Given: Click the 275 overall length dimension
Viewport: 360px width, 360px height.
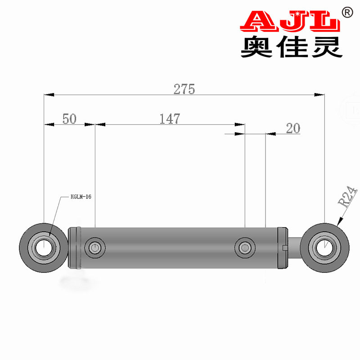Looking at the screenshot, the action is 184,89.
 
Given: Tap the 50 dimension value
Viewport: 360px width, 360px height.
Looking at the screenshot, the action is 69,119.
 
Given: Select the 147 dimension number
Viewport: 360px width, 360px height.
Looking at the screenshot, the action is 170,119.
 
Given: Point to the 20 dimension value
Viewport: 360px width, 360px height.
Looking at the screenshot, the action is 293,128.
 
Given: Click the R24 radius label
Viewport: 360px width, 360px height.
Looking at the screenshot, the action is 347,197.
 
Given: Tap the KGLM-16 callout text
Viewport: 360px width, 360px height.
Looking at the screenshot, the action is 81,197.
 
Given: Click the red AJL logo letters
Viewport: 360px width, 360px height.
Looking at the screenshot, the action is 290,21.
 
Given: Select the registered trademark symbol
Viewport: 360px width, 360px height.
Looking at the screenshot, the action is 347,13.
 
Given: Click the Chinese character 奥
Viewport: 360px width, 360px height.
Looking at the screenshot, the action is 256,47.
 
